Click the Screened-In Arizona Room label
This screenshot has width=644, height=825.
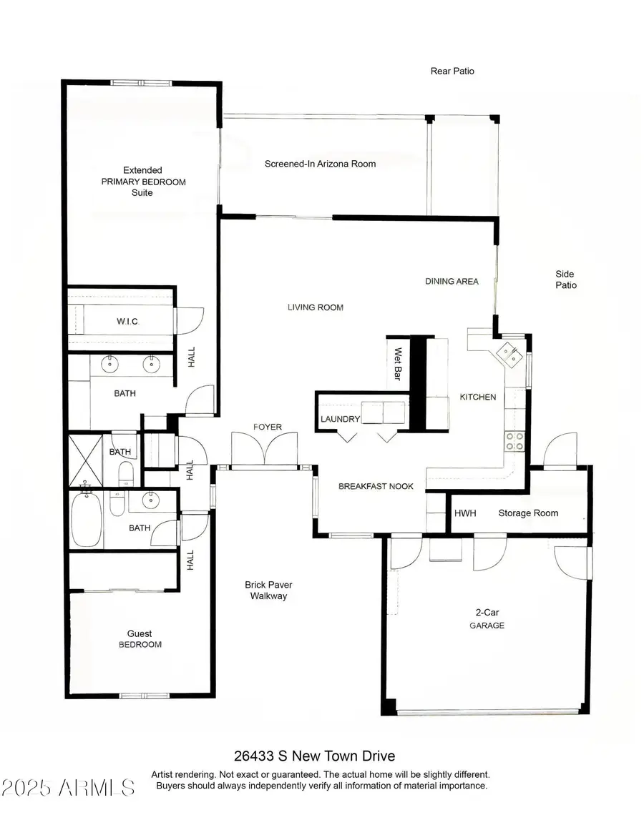(x=320, y=164)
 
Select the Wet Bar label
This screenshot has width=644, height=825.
(x=398, y=364)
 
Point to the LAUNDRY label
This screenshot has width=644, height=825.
(x=339, y=419)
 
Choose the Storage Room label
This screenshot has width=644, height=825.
(x=528, y=513)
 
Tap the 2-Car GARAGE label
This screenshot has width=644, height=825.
(x=487, y=618)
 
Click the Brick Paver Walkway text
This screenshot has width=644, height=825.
(x=268, y=590)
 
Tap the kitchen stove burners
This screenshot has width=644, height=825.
(x=514, y=440)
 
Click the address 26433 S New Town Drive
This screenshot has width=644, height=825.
(x=314, y=756)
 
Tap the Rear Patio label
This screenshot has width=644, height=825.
(x=452, y=71)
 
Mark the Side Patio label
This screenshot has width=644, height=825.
(x=565, y=280)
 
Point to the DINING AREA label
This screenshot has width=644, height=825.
(x=452, y=282)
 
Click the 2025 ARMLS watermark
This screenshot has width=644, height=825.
(x=69, y=788)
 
